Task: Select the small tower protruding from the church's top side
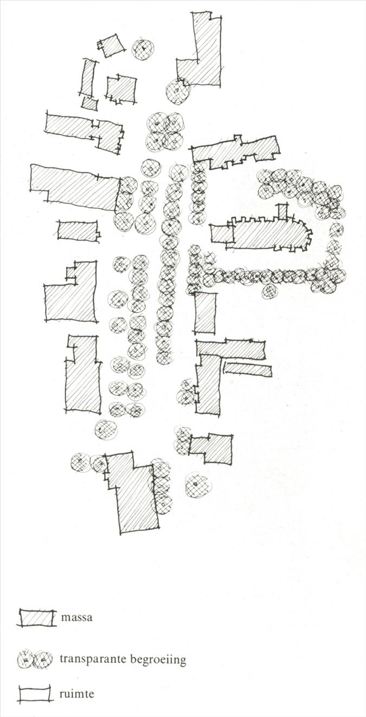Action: click(282, 212)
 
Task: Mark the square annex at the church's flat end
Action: click(222, 233)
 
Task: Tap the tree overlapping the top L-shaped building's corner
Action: click(178, 90)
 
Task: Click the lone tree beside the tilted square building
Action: click(143, 49)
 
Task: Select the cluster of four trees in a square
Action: click(165, 132)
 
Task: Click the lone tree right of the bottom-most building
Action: click(198, 485)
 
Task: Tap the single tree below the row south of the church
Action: click(269, 291)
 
